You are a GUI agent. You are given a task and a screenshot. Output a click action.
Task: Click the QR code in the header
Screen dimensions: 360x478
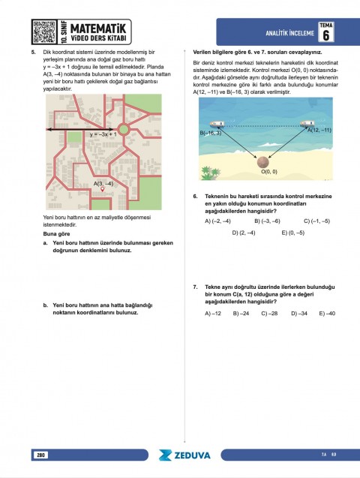point(43,32)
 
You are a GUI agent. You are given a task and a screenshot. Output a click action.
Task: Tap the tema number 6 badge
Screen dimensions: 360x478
point(325,33)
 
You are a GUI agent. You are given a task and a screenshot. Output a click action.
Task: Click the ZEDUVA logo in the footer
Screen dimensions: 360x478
point(184,455)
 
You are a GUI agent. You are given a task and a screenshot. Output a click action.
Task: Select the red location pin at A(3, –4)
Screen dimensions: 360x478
point(112,188)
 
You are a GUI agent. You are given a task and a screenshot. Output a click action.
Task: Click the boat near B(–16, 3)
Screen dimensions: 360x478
point(215,124)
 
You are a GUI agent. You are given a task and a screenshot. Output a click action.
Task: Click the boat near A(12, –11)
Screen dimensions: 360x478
point(307,124)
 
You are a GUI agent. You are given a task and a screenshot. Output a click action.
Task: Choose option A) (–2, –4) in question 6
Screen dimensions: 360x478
point(217,221)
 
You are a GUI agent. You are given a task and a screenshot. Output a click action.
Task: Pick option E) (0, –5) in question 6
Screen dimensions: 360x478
point(292,233)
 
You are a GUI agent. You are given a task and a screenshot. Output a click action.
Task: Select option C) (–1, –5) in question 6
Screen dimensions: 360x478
point(316,221)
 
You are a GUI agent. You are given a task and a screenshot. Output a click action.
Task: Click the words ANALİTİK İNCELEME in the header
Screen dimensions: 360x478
point(289,33)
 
